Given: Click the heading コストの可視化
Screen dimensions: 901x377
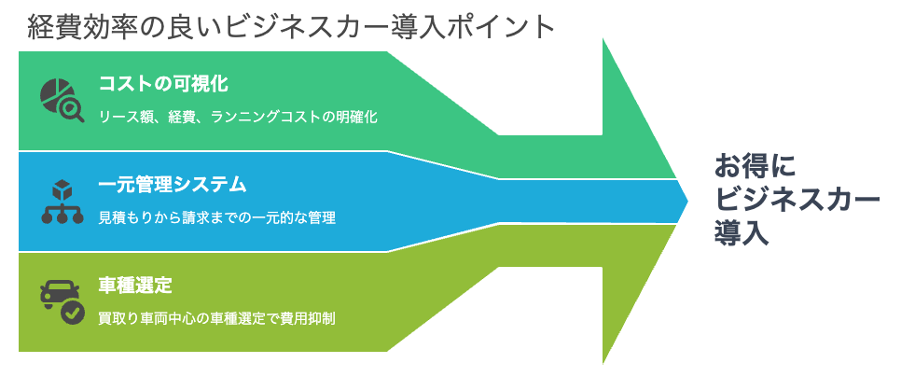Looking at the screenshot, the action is click(164, 84).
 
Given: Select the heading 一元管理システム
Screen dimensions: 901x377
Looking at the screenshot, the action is click(173, 185).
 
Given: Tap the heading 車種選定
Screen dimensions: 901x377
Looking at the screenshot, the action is click(135, 285).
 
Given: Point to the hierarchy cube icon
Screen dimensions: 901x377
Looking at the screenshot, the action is click(62, 202).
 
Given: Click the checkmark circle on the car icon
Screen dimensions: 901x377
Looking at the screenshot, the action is click(73, 314).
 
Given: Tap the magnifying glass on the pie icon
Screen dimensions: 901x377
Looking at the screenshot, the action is click(73, 110).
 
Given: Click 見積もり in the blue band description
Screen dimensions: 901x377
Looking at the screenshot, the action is click(119, 217).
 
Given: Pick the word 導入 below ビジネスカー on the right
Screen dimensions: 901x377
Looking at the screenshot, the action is click(742, 234).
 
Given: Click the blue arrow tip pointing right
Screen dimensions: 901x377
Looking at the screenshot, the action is click(687, 202).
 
